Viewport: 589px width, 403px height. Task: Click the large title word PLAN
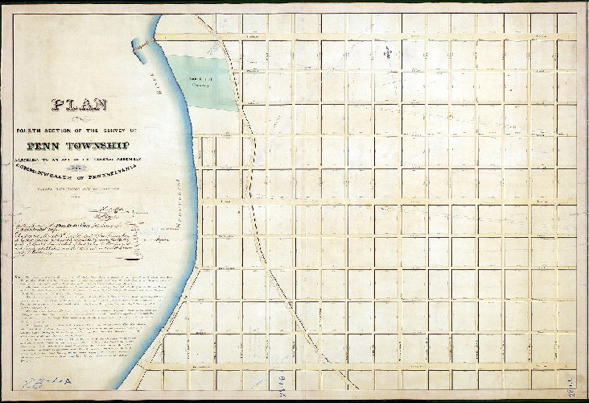[80, 104]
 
